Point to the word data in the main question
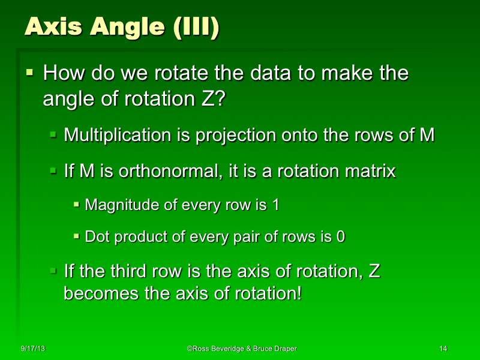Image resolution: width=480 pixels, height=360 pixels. tap(259, 74)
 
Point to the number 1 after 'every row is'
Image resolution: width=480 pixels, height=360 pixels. tap(275, 205)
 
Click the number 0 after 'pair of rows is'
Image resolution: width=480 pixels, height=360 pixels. tap(340, 237)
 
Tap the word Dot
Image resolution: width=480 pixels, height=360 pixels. tap(97, 237)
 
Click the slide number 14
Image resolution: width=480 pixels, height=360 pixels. tap(444, 349)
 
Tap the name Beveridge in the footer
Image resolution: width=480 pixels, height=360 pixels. tap(231, 349)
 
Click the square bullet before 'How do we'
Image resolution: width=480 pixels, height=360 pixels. tap(30, 73)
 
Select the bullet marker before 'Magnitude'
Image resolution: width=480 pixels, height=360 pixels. tap(76, 205)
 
